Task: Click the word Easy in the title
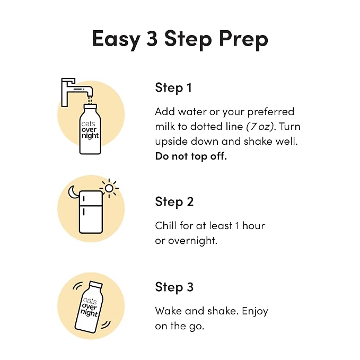click(116, 39)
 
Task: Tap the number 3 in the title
click(152, 38)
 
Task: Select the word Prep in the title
click(243, 40)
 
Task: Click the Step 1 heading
click(173, 87)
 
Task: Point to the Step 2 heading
click(174, 202)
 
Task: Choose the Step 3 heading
click(174, 287)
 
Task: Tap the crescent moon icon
click(73, 192)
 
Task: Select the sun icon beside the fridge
click(109, 188)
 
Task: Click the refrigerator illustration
click(91, 212)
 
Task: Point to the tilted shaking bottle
click(89, 307)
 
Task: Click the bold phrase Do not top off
click(191, 156)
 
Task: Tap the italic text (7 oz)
click(260, 127)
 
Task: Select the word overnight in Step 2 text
click(192, 241)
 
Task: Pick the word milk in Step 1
click(164, 126)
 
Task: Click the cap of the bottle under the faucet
click(90, 107)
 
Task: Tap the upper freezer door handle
click(84, 199)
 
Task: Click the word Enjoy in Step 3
click(255, 311)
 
